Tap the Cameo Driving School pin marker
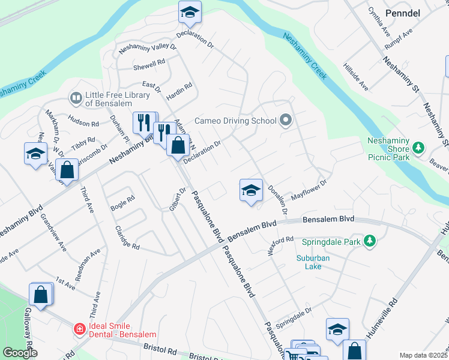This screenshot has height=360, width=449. click(x=286, y=121)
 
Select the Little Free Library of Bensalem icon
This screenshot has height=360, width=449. click(x=76, y=97)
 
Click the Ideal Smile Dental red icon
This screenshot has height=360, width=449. click(x=79, y=329)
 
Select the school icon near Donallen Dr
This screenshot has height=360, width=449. click(x=252, y=191)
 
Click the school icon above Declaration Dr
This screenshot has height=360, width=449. click(x=190, y=12)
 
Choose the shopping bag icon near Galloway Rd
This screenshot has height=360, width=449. click(x=40, y=295)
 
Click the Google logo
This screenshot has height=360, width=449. click(x=20, y=353)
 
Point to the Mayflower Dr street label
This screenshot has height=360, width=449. click(x=309, y=190)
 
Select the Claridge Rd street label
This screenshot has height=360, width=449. click(x=125, y=239)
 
